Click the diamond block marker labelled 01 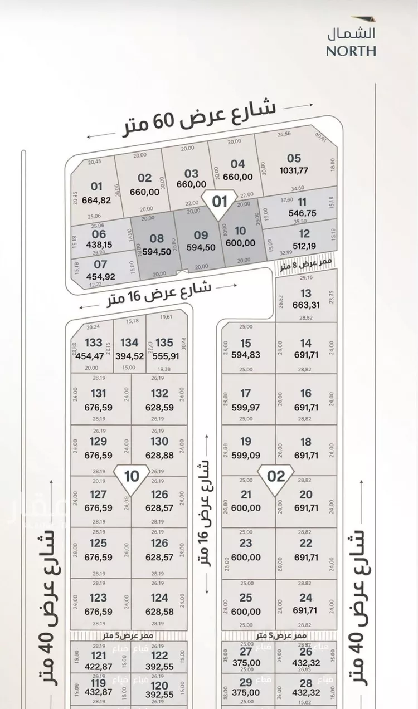pos(220,202)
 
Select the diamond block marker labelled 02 pos(276,477)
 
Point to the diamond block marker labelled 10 pos(132,477)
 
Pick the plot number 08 pos(157,238)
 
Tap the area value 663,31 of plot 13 pos(305,305)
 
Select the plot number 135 pos(164,343)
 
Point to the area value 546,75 pos(302,213)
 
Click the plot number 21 pos(246,494)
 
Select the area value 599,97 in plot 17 pos(246,407)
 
